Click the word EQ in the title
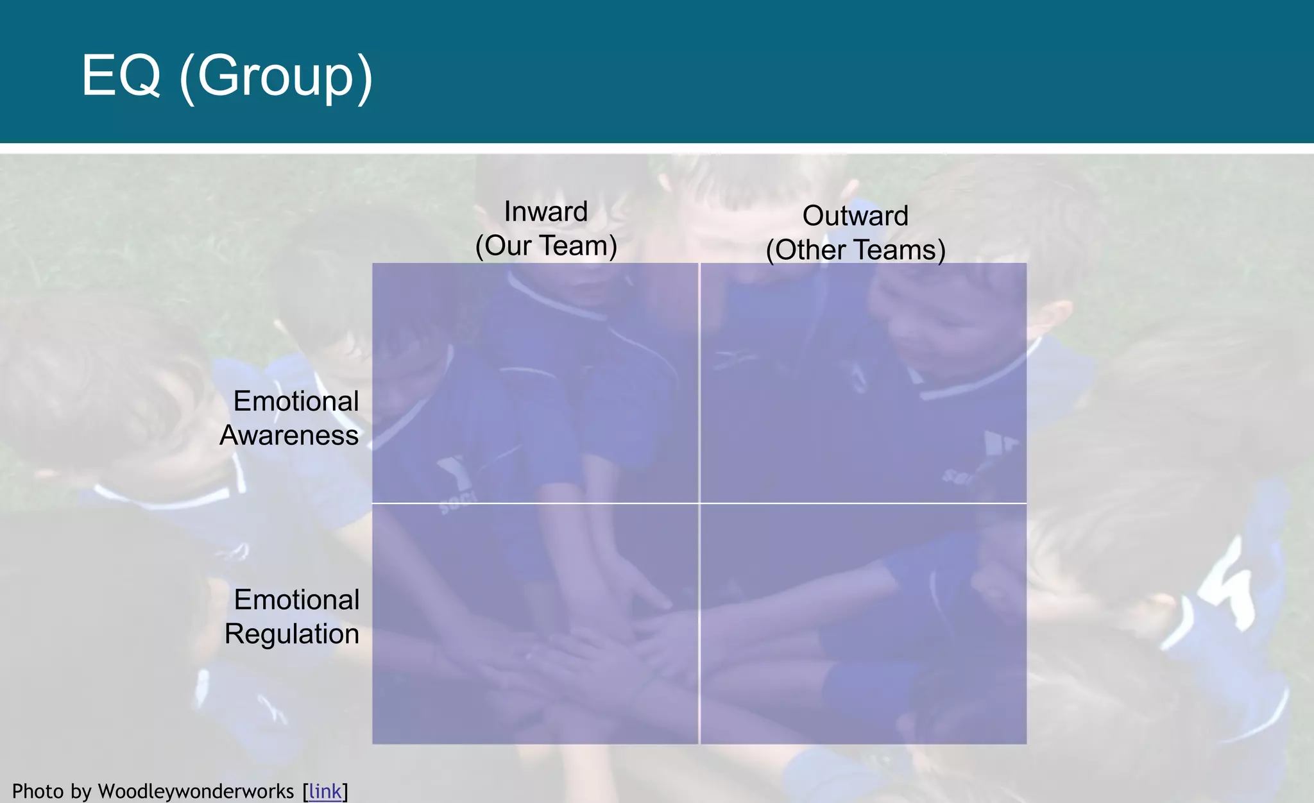(x=121, y=76)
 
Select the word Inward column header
(x=546, y=212)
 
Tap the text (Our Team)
(x=546, y=246)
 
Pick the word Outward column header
(x=855, y=216)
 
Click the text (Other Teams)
(x=855, y=250)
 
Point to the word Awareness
(x=289, y=435)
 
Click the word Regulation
(x=292, y=634)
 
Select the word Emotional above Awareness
(x=296, y=401)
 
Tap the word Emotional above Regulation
(x=296, y=600)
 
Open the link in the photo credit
(x=325, y=791)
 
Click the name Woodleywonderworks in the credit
(x=196, y=791)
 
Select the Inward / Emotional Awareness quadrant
(x=535, y=383)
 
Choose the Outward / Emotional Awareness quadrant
(x=864, y=383)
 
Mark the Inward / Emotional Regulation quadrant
(x=535, y=624)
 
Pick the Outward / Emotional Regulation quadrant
(x=864, y=624)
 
